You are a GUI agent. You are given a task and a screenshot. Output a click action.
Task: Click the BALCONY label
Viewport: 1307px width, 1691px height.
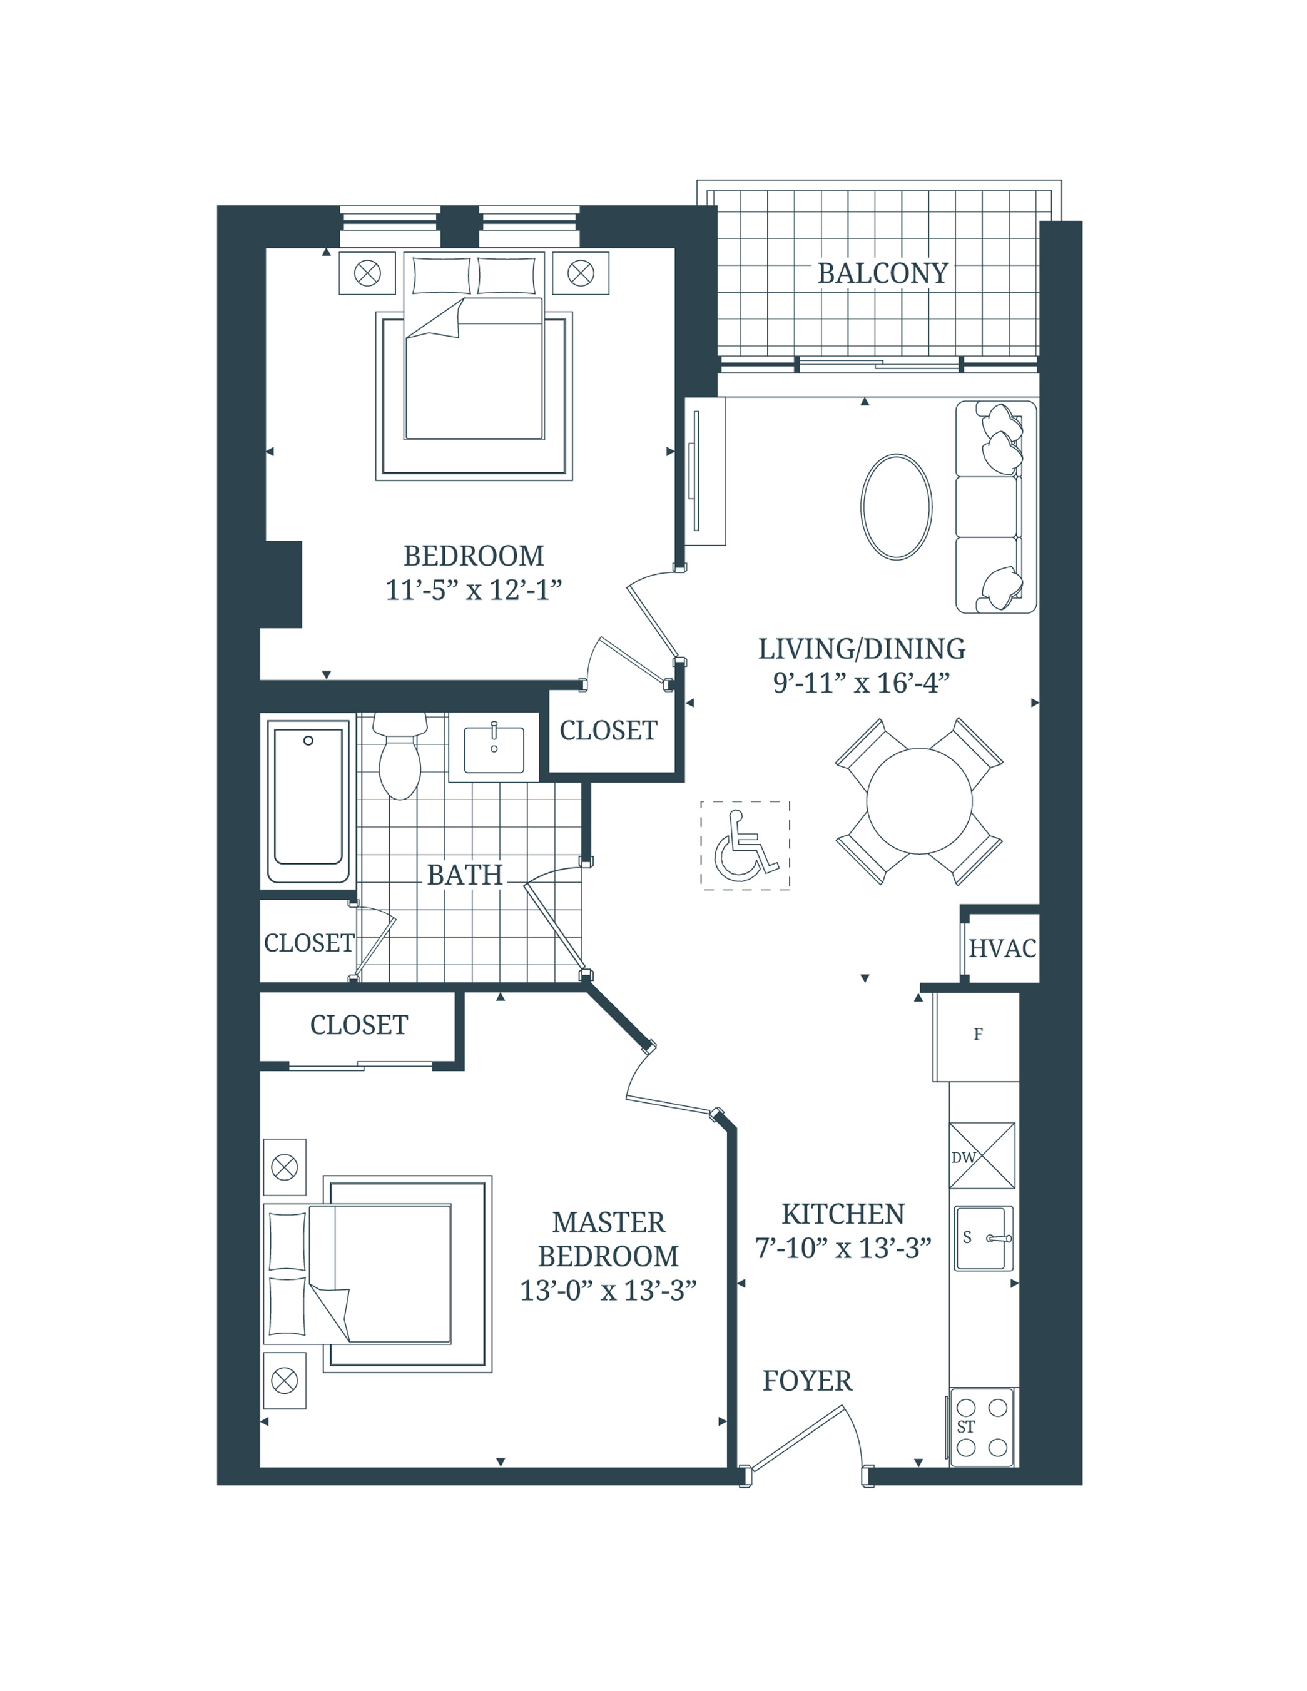coord(883,273)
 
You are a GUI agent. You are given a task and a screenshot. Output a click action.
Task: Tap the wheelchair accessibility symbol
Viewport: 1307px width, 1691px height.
coord(745,846)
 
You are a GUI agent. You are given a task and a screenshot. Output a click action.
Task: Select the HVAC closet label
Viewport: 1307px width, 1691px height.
coord(1002,948)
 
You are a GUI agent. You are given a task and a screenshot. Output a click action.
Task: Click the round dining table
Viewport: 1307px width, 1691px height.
coord(919,801)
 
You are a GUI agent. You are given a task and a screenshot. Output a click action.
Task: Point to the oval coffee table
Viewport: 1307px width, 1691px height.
coord(896,506)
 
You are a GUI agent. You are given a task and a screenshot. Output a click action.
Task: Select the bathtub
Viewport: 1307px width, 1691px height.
coord(308,801)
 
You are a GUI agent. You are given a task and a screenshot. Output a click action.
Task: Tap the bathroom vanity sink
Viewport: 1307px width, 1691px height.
coord(494,749)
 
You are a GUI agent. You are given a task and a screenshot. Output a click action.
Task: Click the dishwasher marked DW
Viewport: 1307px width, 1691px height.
coord(982,1156)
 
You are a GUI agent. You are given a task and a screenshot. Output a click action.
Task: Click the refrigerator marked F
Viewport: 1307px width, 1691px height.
coord(977,1035)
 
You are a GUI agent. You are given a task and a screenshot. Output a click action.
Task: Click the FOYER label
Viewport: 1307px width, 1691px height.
coord(807,1381)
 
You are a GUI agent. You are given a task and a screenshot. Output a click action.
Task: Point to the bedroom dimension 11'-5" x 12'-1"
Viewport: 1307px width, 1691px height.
coord(473,590)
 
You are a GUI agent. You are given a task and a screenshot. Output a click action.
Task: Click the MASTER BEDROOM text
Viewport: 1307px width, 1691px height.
coord(609,1239)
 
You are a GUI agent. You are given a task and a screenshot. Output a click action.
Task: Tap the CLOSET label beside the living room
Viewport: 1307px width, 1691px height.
coord(609,730)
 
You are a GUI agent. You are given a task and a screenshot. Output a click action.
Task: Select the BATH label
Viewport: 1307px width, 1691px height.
coord(465,875)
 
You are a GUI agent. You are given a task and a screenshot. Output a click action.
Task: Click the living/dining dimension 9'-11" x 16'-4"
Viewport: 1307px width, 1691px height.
coord(861,683)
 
